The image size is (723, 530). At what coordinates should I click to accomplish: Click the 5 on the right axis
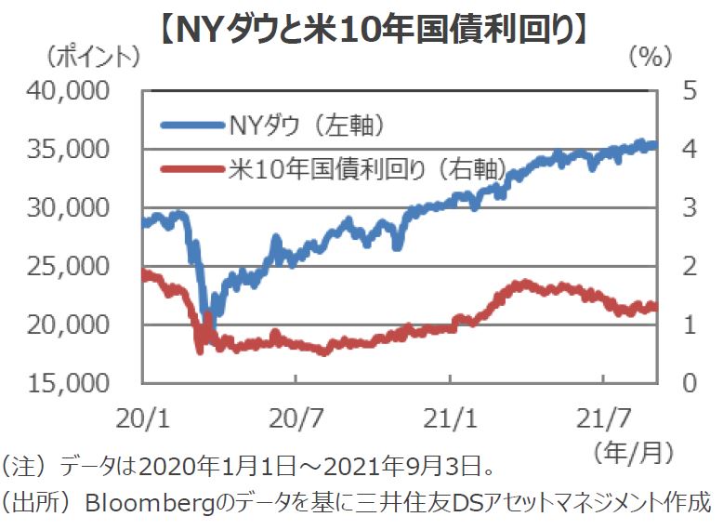click(690, 91)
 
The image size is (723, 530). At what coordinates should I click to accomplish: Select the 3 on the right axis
click(690, 208)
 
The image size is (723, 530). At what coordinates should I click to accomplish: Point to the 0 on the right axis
click(690, 383)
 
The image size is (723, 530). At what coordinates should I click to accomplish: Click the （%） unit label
click(651, 58)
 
